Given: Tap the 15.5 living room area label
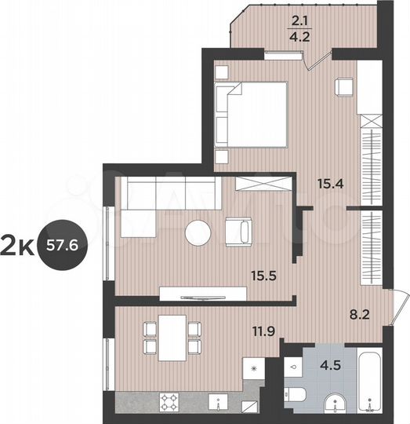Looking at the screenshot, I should click(263, 276).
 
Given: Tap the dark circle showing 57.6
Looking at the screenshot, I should click(67, 244).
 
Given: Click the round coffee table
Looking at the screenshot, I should click(198, 233).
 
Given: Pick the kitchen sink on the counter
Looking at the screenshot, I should click(214, 403).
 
